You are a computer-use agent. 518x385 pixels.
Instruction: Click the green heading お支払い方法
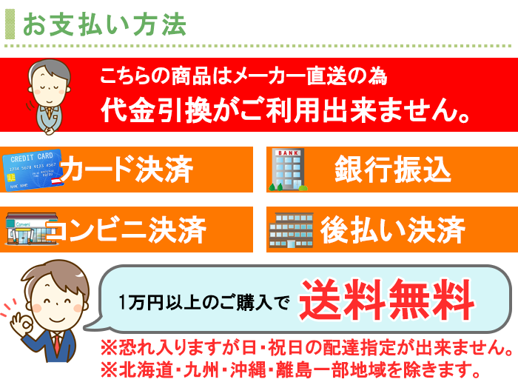pyautogui.click(x=104, y=24)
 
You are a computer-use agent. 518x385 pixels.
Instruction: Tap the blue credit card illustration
pyautogui.click(x=33, y=170)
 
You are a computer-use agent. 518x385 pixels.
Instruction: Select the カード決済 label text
pyautogui.click(x=127, y=170)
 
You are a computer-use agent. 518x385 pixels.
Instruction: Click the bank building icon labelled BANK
pyautogui.click(x=288, y=170)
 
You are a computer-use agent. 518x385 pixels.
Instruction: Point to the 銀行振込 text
pyautogui.click(x=393, y=170)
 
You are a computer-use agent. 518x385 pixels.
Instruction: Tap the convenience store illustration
pyautogui.click(x=31, y=229)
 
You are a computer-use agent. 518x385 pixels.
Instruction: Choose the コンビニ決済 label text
pyautogui.click(x=127, y=230)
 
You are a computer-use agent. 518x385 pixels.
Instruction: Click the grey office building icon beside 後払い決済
pyautogui.click(x=291, y=230)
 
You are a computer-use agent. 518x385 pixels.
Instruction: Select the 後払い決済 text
pyautogui.click(x=393, y=230)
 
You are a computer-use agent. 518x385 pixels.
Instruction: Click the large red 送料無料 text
pyautogui.click(x=387, y=300)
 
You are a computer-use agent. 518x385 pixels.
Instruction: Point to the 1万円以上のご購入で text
pyautogui.click(x=204, y=302)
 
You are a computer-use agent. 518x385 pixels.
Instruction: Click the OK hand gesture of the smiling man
pyautogui.click(x=21, y=321)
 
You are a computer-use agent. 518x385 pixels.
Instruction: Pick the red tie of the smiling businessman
pyautogui.click(x=58, y=344)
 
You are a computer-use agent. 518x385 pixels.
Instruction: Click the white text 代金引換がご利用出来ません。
pyautogui.click(x=286, y=110)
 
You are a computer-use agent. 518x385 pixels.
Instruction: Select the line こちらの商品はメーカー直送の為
pyautogui.click(x=243, y=76)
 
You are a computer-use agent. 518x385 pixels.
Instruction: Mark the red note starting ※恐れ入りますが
pyautogui.click(x=307, y=347)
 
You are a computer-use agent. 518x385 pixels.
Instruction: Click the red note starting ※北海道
pyautogui.click(x=291, y=369)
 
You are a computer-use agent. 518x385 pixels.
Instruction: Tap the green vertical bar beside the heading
pyautogui.click(x=10, y=24)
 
